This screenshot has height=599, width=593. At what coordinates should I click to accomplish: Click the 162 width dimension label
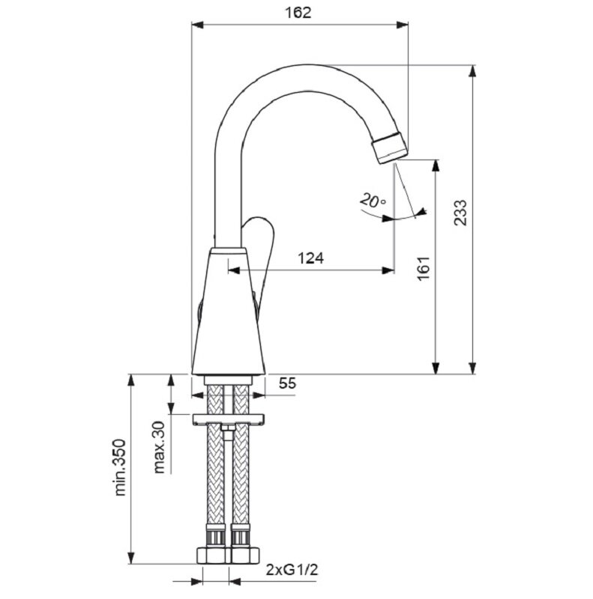pos(298,13)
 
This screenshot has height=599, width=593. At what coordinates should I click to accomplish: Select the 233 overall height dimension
pos(460,213)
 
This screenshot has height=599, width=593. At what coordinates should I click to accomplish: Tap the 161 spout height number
pos(424,269)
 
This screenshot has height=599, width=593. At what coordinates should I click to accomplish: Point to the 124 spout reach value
pos(310,258)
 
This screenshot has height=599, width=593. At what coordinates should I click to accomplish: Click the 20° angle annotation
pos(373,200)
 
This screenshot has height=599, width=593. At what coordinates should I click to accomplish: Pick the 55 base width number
pos(287,383)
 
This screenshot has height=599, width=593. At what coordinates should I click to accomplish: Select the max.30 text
pos(159,447)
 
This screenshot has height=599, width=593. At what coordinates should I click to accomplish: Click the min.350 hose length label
pos(120,467)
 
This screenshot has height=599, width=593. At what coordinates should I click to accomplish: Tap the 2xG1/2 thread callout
pos(292,571)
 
